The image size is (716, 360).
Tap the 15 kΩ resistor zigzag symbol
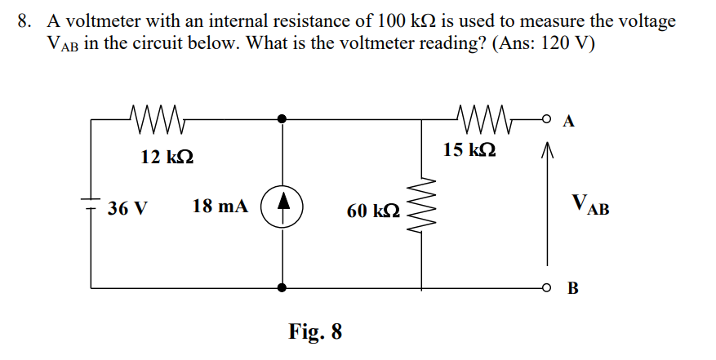[x=484, y=118]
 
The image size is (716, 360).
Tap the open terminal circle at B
[x=546, y=287]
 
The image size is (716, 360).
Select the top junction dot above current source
[x=282, y=119]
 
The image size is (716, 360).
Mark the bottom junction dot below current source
[x=282, y=287]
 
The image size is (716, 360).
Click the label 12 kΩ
[x=167, y=157]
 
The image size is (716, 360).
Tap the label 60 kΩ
[x=373, y=211]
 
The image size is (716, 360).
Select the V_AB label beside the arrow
[x=589, y=203]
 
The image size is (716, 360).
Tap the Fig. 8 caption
[x=315, y=332]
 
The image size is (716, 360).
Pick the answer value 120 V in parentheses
[x=561, y=44]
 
